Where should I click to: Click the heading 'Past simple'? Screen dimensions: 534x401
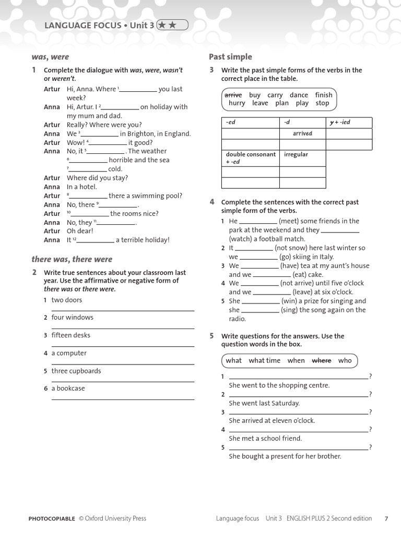(230, 57)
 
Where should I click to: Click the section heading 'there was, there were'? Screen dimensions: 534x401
(72, 259)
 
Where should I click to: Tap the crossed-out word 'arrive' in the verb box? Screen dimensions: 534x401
(233, 95)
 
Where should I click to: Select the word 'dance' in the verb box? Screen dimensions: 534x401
(299, 95)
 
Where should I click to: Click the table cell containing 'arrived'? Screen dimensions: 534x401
(302, 133)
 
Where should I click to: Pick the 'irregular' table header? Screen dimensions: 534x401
(296, 154)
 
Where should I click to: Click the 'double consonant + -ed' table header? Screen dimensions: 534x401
(250, 158)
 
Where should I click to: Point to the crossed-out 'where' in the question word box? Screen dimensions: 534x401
(322, 360)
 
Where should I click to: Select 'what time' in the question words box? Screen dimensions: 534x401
(264, 360)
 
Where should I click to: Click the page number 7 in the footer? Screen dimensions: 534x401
(386, 518)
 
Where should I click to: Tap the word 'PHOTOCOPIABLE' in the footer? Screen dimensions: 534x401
(52, 518)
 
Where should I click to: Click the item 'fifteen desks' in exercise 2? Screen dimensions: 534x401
(70, 335)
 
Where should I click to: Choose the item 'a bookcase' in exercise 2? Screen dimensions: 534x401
(68, 389)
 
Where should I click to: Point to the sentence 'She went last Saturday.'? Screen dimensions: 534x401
(264, 403)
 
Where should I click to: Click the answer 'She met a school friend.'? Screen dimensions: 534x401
(265, 439)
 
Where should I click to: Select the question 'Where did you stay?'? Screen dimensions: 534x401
(97, 178)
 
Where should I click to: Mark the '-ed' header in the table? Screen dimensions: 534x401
(231, 123)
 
